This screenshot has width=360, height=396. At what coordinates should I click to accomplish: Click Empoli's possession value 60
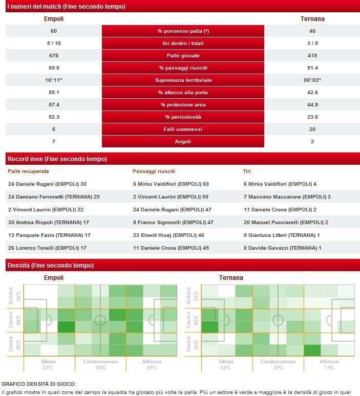click(54, 31)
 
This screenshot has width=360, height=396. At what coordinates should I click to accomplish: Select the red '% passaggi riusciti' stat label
click(183, 68)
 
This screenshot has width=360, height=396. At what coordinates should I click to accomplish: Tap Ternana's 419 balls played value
click(312, 56)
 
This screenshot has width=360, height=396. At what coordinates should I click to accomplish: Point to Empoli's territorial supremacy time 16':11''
click(54, 80)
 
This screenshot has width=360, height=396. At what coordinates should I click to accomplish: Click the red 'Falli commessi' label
click(183, 129)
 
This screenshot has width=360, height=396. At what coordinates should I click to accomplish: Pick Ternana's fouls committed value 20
click(312, 129)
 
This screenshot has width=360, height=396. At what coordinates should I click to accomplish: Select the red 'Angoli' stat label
click(183, 142)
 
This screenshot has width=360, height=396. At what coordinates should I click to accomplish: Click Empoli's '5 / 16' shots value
click(54, 43)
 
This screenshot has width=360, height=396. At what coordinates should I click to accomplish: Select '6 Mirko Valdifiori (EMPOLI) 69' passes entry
click(171, 184)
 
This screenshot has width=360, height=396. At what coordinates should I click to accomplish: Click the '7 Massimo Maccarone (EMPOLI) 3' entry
click(287, 197)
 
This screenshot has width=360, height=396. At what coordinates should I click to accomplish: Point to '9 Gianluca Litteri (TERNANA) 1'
click(282, 235)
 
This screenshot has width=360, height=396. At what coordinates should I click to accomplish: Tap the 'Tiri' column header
click(247, 171)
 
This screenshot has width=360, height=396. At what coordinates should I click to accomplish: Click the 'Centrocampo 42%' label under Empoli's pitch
click(100, 364)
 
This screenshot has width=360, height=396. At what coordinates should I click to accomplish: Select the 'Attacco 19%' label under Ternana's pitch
click(329, 364)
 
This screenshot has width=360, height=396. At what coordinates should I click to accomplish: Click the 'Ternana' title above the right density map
click(231, 278)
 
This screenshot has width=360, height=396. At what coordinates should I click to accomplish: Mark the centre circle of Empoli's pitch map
click(100, 321)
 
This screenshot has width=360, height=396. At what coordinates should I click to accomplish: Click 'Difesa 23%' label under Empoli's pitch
click(48, 364)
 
